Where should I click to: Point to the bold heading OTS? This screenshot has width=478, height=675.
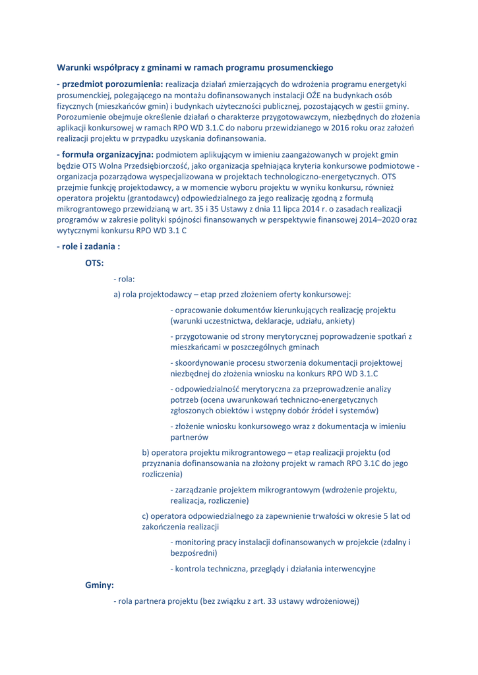(94, 263)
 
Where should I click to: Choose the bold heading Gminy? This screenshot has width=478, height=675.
(100, 585)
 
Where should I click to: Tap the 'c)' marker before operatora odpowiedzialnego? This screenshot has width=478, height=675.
(146, 515)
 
